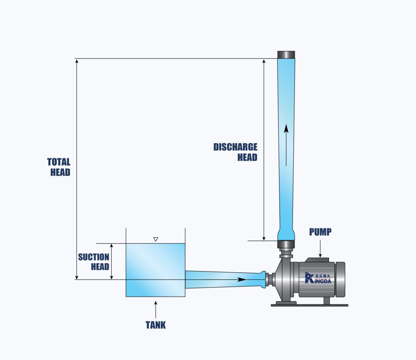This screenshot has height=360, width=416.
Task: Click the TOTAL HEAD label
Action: (59, 167)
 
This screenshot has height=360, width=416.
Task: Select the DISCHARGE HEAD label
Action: (236, 152)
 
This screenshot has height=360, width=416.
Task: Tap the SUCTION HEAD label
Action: (94, 262)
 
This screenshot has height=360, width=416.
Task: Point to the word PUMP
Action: (320, 232)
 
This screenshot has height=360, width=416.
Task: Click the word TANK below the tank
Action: (156, 325)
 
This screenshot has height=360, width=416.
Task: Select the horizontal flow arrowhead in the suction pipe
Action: (241, 280)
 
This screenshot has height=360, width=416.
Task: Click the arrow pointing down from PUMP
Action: (320, 248)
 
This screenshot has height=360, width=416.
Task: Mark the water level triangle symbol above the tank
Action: (156, 239)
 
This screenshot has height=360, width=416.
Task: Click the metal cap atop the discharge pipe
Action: (286, 55)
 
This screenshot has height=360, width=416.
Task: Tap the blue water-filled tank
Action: (156, 270)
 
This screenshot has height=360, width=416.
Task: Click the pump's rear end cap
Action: (340, 279)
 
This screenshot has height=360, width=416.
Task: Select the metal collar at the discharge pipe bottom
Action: (286, 244)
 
